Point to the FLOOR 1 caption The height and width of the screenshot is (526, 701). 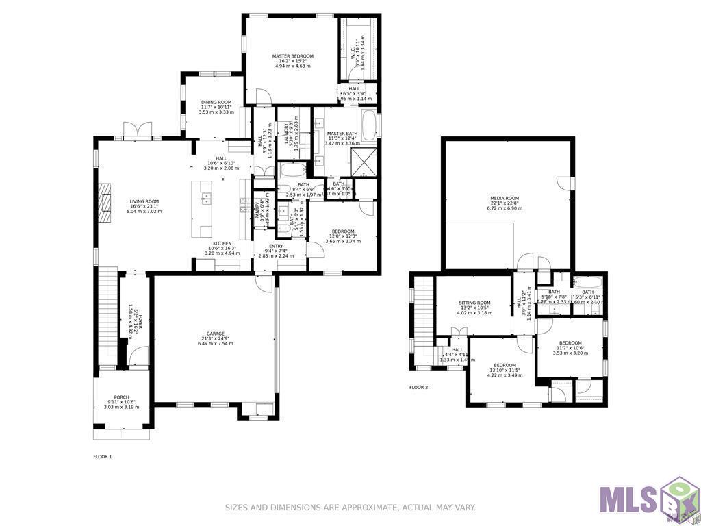point(102,456)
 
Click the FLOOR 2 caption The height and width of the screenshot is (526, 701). point(418,388)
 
